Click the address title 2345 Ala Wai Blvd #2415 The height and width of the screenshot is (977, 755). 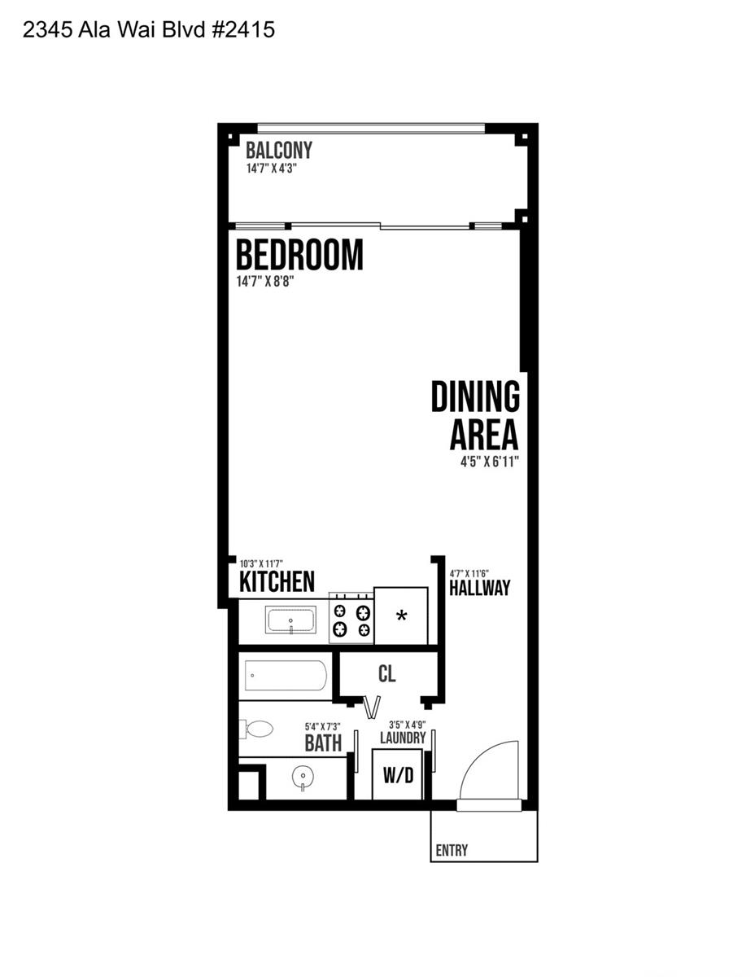(148, 30)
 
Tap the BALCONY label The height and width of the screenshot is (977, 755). (278, 150)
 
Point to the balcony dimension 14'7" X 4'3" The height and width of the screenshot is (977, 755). (272, 169)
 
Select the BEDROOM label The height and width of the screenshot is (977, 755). (299, 255)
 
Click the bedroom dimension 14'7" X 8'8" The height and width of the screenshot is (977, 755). (265, 282)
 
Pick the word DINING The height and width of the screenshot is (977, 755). (475, 396)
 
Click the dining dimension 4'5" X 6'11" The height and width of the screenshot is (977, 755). (490, 462)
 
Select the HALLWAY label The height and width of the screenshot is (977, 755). (479, 587)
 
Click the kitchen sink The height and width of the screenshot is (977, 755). (290, 620)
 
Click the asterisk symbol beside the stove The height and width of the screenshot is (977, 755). (401, 616)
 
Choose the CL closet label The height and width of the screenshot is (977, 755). (386, 673)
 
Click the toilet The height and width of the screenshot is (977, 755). (256, 729)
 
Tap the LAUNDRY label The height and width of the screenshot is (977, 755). (403, 738)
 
